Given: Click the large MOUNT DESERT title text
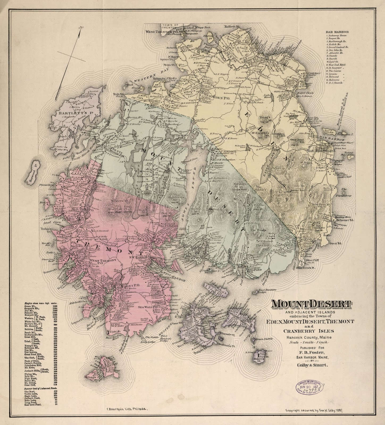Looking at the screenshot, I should (x=311, y=304).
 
